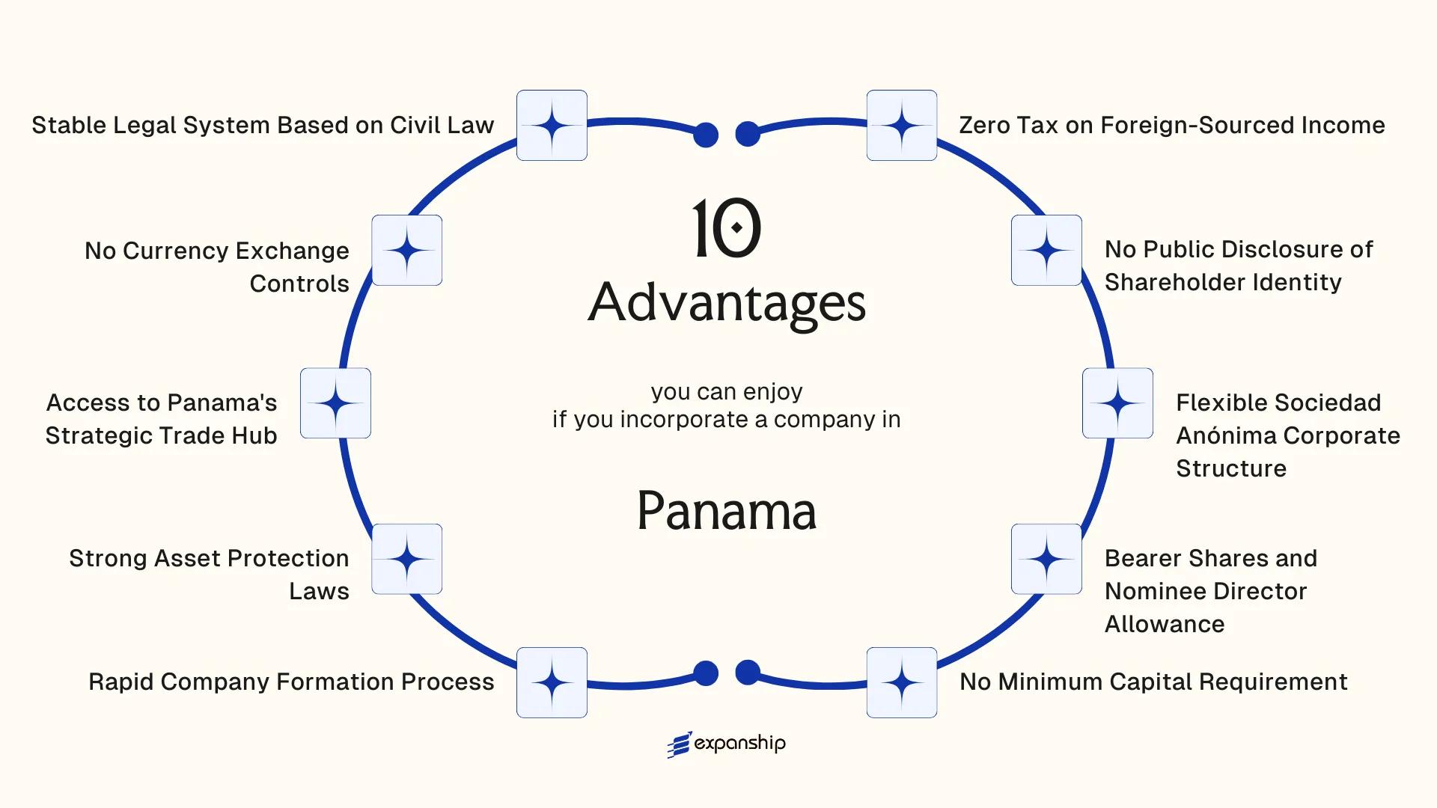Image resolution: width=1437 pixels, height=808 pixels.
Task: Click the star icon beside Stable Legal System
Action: [552, 125]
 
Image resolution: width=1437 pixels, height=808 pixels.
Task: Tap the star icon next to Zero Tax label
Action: [901, 125]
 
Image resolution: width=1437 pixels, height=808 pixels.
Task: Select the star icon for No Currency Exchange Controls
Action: [406, 250]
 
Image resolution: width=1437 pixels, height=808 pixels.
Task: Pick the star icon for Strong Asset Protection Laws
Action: [406, 559]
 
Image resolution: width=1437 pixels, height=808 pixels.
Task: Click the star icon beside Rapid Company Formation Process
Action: [552, 682]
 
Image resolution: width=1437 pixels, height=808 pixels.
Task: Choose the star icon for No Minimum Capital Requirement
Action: [901, 682]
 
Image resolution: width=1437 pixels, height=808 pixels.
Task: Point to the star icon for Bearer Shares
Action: [1046, 559]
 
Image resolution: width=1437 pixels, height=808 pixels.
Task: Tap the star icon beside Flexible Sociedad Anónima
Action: [1117, 403]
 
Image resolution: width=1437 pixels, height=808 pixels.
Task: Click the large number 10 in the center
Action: [726, 228]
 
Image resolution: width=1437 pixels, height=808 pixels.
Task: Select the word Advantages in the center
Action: [726, 303]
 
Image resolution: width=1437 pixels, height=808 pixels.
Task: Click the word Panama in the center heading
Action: [726, 511]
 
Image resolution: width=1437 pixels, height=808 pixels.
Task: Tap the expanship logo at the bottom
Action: [726, 744]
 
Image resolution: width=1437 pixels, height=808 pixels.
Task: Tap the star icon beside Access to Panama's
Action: [335, 403]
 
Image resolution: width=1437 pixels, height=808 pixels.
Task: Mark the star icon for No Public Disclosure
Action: [1046, 250]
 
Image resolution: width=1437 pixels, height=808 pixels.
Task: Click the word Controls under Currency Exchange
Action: [299, 284]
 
